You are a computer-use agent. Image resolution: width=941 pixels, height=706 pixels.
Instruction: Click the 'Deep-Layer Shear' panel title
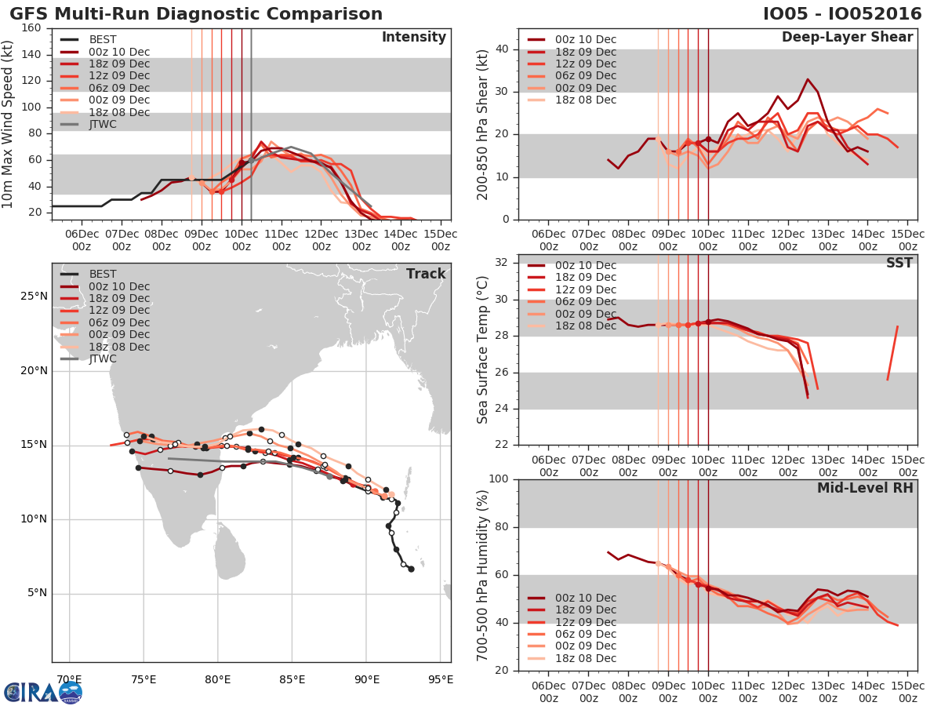tap(847, 38)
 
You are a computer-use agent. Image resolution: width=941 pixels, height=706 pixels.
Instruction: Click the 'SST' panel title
tap(899, 263)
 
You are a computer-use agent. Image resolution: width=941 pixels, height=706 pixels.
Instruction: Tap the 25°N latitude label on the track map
tap(34, 297)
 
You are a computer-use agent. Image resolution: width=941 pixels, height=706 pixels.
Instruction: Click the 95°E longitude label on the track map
tap(440, 679)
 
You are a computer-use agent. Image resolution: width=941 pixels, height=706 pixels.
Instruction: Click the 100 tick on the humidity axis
tap(498, 479)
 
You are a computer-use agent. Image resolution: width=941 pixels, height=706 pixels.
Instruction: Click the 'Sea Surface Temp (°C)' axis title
tap(483, 350)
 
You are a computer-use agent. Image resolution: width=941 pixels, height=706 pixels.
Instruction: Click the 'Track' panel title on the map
tap(426, 274)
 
